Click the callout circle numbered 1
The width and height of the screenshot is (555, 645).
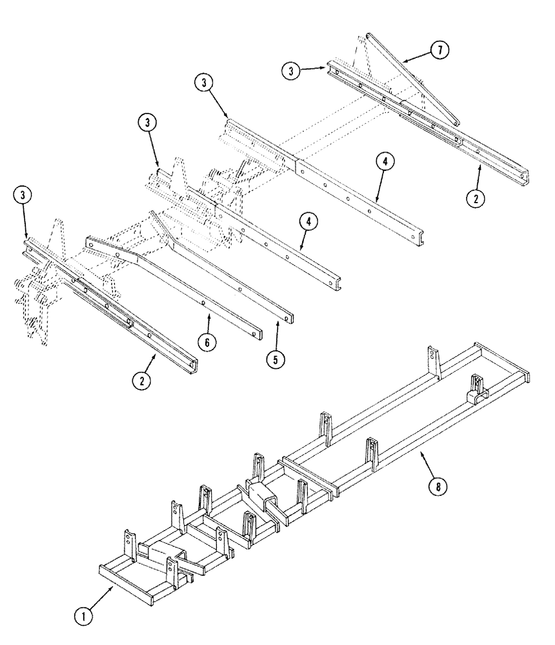pyautogui.click(x=83, y=617)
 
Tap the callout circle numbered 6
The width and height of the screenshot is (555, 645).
pyautogui.click(x=207, y=342)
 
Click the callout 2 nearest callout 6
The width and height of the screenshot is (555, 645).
pyautogui.click(x=142, y=381)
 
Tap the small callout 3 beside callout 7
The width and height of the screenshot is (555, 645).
pyautogui.click(x=294, y=71)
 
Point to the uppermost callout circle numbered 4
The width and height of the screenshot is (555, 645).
pyautogui.click(x=383, y=162)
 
